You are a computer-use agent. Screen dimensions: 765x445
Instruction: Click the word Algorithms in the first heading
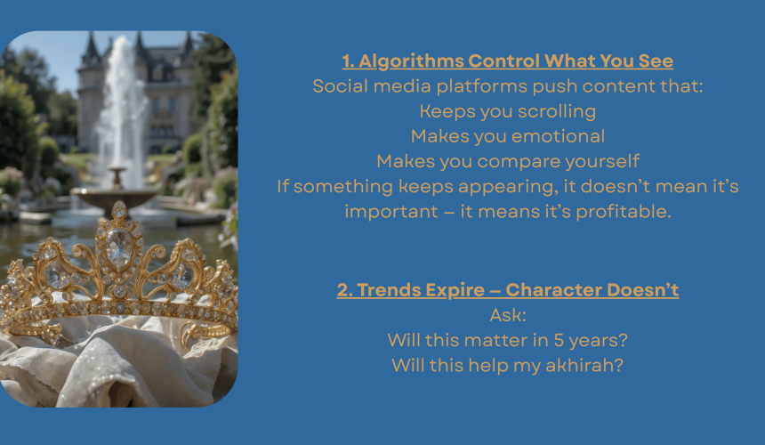pyautogui.click(x=411, y=61)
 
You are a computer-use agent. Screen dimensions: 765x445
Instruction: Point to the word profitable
pyautogui.click(x=624, y=212)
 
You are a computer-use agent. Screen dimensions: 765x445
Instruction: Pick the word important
pyautogui.click(x=391, y=212)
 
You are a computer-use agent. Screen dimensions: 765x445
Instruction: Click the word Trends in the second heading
pyautogui.click(x=389, y=290)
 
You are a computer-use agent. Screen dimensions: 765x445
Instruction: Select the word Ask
pyautogui.click(x=508, y=315)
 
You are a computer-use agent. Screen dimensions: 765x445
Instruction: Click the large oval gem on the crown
pyautogui.click(x=119, y=247)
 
